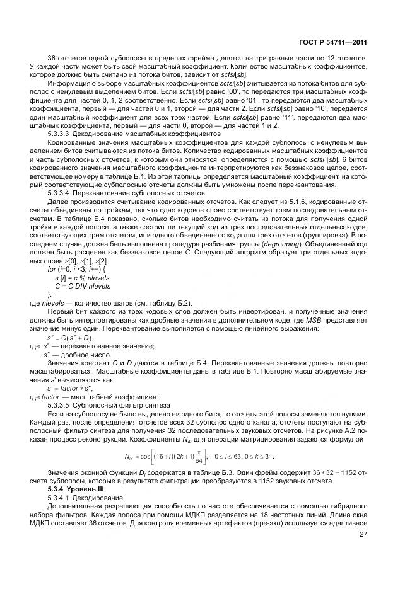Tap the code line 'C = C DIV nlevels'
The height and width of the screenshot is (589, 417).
pos(81,285)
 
